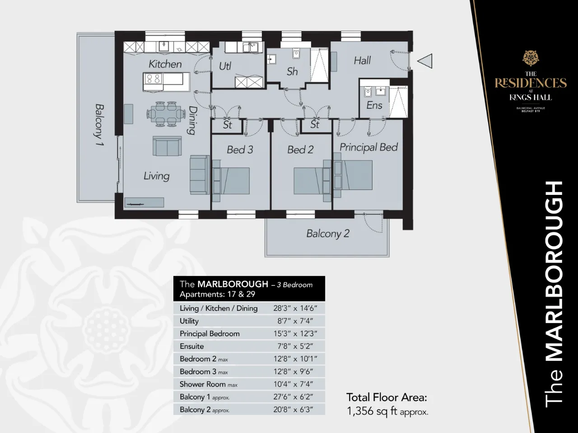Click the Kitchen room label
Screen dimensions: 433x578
tap(165, 64)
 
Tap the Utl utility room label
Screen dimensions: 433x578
tap(225, 66)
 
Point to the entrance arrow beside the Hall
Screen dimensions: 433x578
tap(425, 61)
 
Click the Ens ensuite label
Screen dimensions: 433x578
tap(374, 105)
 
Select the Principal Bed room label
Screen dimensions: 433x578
tap(368, 147)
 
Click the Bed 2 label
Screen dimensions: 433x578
tap(300, 149)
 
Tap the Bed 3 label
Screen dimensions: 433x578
tap(240, 149)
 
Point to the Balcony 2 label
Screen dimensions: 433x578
tap(327, 234)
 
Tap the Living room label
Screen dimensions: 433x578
tap(156, 175)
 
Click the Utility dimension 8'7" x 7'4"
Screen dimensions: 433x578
tap(295, 321)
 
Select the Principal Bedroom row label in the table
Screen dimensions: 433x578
tap(210, 334)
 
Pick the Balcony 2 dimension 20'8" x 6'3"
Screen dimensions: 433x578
tap(295, 410)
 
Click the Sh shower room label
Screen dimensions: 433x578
tap(292, 71)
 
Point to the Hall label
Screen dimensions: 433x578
tap(362, 60)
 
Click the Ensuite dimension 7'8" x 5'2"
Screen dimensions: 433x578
tap(295, 346)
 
